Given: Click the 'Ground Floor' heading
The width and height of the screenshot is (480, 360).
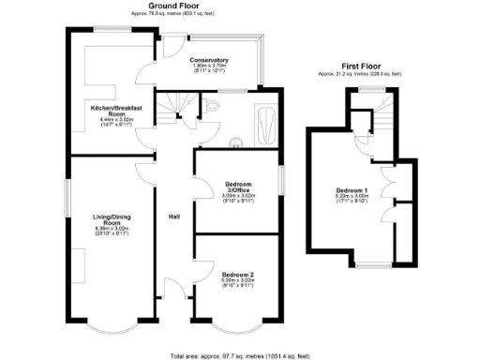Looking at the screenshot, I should click(x=159, y=7).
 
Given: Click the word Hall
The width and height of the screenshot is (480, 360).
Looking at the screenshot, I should click(x=173, y=217).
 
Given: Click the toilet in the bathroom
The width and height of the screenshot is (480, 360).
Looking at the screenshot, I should click(x=213, y=109).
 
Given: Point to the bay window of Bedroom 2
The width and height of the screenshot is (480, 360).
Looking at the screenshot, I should click(x=237, y=330).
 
